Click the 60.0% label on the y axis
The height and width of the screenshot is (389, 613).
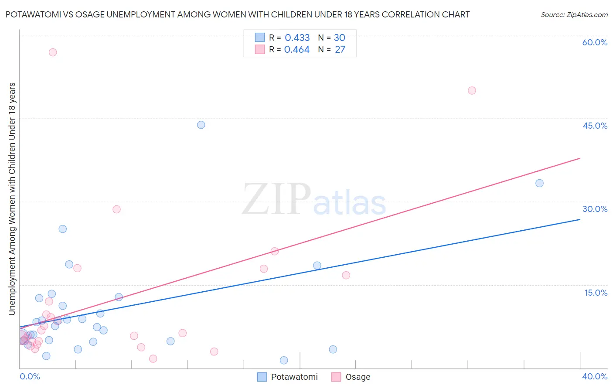pyautogui.click(x=595, y=42)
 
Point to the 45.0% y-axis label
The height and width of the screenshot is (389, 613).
pyautogui.click(x=595, y=126)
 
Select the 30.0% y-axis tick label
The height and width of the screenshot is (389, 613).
pyautogui.click(x=595, y=209)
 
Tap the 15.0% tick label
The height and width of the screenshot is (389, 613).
pyautogui.click(x=596, y=293)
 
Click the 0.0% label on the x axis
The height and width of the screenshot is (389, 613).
pyautogui.click(x=30, y=376)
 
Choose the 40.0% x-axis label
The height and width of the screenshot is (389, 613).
pyautogui.click(x=595, y=376)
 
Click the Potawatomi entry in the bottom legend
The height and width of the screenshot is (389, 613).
pyautogui.click(x=294, y=377)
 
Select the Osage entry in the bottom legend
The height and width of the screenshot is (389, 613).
pyautogui.click(x=358, y=377)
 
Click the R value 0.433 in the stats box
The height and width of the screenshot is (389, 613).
pyautogui.click(x=297, y=38)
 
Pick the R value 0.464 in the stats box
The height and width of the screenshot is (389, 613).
pyautogui.click(x=297, y=50)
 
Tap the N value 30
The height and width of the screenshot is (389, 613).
pyautogui.click(x=340, y=38)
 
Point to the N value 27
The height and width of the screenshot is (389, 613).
pyautogui.click(x=340, y=50)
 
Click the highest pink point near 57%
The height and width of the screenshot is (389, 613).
pyautogui.click(x=53, y=52)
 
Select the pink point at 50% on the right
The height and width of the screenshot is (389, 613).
pyautogui.click(x=472, y=91)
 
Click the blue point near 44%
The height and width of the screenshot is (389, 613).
pyautogui.click(x=201, y=125)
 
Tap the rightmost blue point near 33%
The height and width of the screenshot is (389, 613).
pyautogui.click(x=539, y=183)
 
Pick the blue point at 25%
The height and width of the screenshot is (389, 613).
pyautogui.click(x=63, y=229)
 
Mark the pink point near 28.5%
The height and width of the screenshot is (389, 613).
pyautogui.click(x=116, y=209)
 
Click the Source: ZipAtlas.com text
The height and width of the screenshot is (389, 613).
pyautogui.click(x=574, y=15)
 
